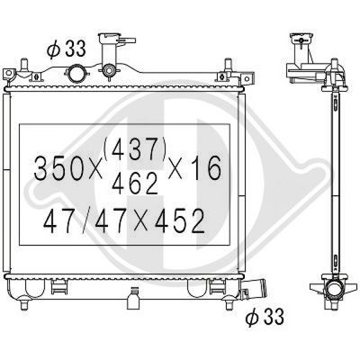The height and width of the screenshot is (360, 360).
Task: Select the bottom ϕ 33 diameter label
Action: click(x=266, y=317)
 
